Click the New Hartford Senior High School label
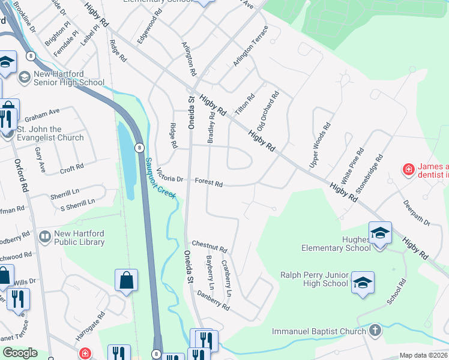[x=69, y=78]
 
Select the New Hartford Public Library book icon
[x=44, y=238]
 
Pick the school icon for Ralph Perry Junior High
[x=363, y=282]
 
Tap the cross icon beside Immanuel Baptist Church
[x=375, y=331]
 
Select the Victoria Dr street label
[x=169, y=175]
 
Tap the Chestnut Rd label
[x=209, y=247]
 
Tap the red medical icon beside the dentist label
[x=409, y=170]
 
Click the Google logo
[x=19, y=353]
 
